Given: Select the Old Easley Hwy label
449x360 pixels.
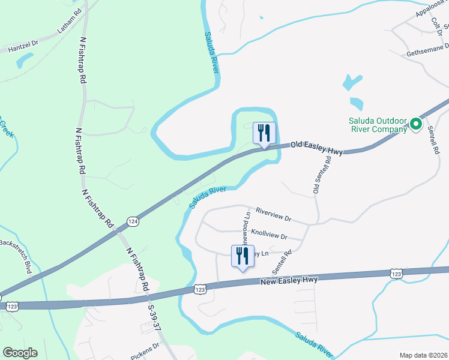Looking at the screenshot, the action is pyautogui.click(x=316, y=148).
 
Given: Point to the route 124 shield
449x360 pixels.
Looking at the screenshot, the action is pyautogui.click(x=133, y=223).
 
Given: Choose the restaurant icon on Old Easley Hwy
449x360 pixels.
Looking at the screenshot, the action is pyautogui.click(x=264, y=133).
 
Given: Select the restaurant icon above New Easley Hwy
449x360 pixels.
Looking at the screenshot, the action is pyautogui.click(x=243, y=256).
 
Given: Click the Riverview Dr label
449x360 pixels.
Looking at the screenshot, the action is pyautogui.click(x=273, y=215).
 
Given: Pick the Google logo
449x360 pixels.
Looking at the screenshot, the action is pyautogui.click(x=20, y=353).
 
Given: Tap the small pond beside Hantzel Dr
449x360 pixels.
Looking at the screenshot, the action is pyautogui.click(x=25, y=60).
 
